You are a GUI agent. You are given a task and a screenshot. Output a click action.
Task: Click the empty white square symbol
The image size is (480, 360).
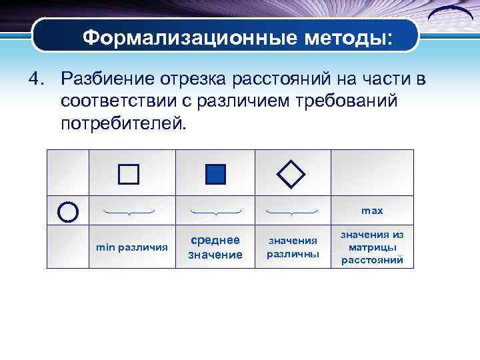point(129,174)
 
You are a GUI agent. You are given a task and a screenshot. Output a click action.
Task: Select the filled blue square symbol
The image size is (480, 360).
point(215,174)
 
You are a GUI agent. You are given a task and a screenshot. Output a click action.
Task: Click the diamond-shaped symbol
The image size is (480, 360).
point(291,174)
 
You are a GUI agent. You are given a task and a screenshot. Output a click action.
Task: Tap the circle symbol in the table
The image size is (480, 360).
point(68,211)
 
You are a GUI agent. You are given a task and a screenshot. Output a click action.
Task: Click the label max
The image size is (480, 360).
point(372,211)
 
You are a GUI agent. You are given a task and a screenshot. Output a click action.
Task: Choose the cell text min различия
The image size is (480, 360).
point(132,247)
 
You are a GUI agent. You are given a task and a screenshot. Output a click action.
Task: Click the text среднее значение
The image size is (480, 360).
point(215,247)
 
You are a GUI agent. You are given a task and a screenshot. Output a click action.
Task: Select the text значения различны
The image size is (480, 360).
point(293,247)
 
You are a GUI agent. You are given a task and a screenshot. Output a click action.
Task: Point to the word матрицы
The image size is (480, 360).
point(372,247)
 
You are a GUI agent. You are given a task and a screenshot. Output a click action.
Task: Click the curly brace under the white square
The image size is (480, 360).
point(129,212)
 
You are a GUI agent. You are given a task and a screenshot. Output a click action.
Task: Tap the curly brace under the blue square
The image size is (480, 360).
point(215,212)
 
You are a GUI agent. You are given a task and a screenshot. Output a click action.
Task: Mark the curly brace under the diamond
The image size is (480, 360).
point(291,212)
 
